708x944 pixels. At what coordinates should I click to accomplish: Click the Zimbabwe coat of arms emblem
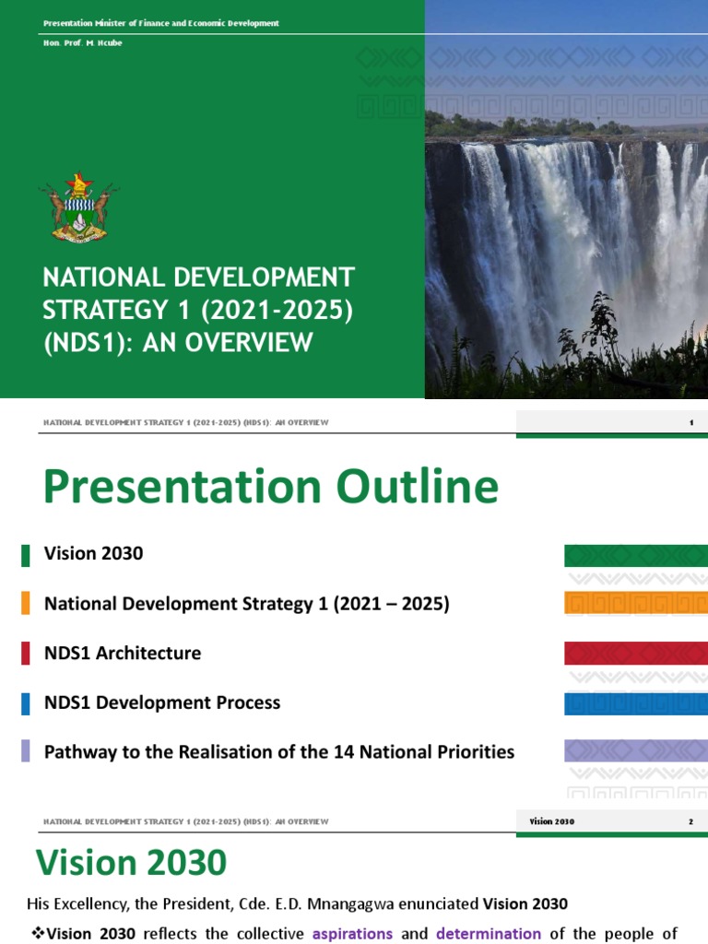point(78,206)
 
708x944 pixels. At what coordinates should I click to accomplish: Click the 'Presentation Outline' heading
point(270,487)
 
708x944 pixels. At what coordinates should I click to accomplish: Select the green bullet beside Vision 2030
point(25,554)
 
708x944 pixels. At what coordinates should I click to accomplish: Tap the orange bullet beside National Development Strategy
point(25,604)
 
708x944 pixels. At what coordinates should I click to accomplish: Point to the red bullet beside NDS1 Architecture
point(25,654)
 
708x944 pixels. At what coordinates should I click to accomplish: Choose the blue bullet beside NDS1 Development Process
point(25,703)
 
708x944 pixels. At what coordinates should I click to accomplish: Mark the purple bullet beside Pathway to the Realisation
point(25,751)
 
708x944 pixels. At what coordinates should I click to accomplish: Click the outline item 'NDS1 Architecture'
point(122,654)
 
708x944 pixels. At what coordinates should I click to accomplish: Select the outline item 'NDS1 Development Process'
point(161,703)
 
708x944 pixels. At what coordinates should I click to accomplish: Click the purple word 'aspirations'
point(352,934)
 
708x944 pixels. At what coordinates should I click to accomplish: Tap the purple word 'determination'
point(488,934)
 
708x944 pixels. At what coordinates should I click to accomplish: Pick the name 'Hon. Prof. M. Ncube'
point(82,43)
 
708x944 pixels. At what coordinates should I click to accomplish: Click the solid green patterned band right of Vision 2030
point(635,555)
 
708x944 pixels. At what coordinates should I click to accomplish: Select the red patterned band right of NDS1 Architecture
point(635,654)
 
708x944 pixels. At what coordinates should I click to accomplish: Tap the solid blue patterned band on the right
point(635,703)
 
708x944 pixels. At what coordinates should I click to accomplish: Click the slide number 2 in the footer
point(690,821)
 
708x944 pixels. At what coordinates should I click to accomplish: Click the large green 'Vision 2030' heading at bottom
point(131,864)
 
